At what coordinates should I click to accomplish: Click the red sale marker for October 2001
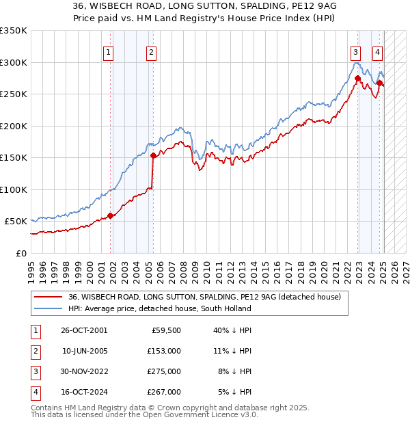(x=110, y=216)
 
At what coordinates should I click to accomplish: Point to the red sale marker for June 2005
(x=153, y=156)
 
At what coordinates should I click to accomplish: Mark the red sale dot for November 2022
(x=357, y=79)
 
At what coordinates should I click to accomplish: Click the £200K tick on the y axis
(x=13, y=126)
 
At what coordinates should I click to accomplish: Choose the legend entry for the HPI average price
(x=159, y=308)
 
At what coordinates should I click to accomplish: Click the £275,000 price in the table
(x=164, y=371)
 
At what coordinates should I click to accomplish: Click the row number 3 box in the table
(x=34, y=371)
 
